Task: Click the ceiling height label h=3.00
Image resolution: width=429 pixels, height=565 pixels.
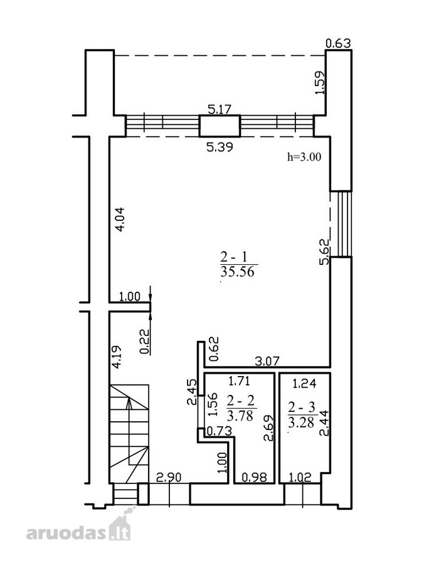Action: coord(304,157)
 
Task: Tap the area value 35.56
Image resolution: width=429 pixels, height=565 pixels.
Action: coord(237,271)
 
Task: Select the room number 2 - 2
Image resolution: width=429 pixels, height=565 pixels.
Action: coord(241,401)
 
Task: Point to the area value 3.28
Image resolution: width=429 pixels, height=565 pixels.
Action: coord(302,422)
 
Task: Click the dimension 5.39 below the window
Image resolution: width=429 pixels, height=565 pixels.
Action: coord(220,147)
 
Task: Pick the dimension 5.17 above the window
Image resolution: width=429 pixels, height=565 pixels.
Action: coord(220,109)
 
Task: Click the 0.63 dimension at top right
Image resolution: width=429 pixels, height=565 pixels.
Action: coord(338,43)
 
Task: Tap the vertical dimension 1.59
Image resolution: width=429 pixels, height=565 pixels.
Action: coord(320,83)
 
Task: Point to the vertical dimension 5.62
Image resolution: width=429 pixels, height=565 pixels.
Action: coord(325,252)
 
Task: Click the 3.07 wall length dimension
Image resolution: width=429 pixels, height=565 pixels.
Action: coord(267,361)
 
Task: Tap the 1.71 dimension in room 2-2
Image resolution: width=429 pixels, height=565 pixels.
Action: coord(240,380)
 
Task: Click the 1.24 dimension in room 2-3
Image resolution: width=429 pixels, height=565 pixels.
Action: coord(304,384)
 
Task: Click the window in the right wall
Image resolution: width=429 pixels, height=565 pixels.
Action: coord(341,223)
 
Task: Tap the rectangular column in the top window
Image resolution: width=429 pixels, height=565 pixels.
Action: coord(220,126)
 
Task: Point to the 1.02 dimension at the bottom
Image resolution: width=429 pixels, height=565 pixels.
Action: coord(300,478)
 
